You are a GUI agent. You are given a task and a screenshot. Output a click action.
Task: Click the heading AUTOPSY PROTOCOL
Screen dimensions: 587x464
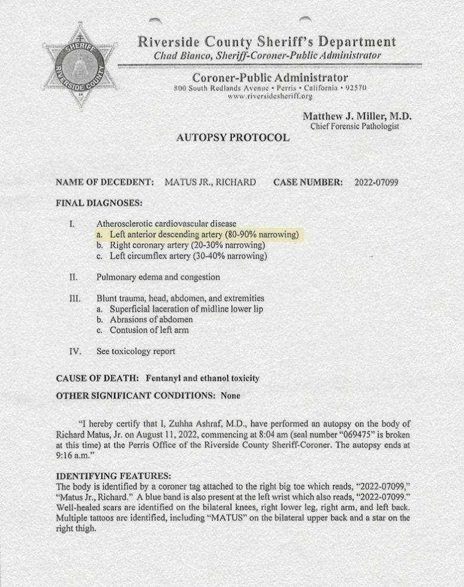[x=233, y=138]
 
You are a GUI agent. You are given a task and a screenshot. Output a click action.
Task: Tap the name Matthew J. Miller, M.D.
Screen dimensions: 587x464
[x=358, y=116]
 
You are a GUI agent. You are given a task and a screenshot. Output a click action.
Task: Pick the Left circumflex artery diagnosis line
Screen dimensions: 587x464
[x=181, y=256]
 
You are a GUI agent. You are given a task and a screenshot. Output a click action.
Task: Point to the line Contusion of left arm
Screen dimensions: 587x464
[x=149, y=330]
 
